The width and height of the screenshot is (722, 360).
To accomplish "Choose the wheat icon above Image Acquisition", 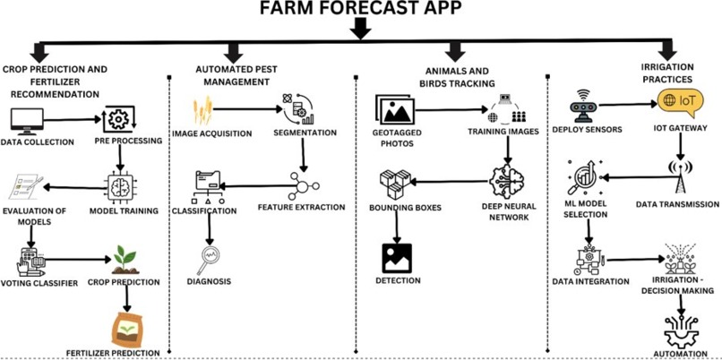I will pyautogui.click(x=202, y=112).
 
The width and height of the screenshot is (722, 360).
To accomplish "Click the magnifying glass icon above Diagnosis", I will pyautogui.click(x=210, y=260).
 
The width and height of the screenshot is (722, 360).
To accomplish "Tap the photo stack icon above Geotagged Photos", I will pyautogui.click(x=396, y=111).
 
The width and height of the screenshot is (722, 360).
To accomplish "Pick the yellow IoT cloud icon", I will pyautogui.click(x=675, y=100).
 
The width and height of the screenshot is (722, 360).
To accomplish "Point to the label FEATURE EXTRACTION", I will pyautogui.click(x=300, y=207).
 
